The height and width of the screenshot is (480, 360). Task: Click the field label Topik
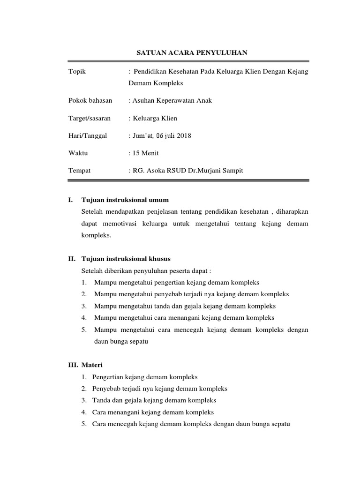coord(77,71)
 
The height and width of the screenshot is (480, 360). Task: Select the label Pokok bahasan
coord(90,101)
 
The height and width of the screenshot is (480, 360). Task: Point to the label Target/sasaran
coord(89,118)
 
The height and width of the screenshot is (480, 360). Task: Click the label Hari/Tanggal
coord(88,135)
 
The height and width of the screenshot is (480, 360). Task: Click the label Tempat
coord(79,171)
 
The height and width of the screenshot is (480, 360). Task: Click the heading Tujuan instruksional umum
coord(125,200)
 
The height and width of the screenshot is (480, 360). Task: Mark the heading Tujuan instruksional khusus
coord(126,258)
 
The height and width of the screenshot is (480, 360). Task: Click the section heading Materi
coord(92,365)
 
